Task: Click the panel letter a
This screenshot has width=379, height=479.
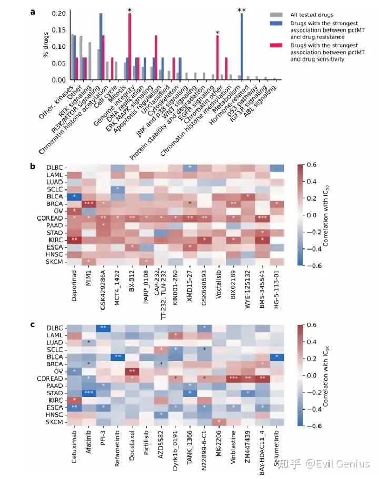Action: click(33, 9)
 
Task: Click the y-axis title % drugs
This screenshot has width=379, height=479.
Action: click(46, 46)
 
